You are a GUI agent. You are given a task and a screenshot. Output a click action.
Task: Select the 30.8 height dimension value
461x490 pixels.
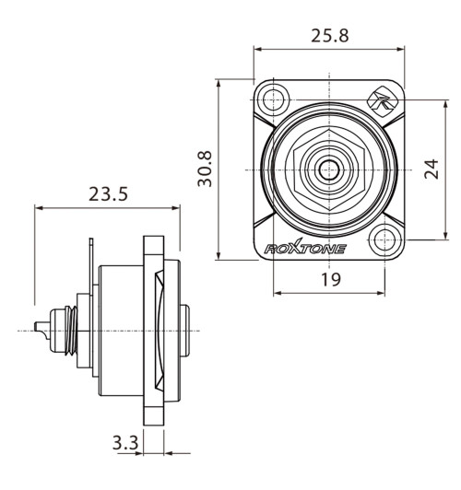pyautogui.click(x=206, y=169)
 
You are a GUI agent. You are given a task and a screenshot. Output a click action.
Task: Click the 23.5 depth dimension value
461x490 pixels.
pyautogui.click(x=108, y=195)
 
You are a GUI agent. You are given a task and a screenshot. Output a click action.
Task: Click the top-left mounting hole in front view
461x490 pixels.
pyautogui.click(x=271, y=99)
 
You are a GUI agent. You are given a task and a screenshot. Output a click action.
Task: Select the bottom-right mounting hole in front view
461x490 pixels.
pyautogui.click(x=384, y=242)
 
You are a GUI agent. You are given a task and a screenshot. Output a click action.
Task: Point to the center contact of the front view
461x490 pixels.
pyautogui.click(x=327, y=170)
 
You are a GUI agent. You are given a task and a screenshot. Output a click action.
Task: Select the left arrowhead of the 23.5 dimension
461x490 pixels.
pyautogui.click(x=38, y=208)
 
